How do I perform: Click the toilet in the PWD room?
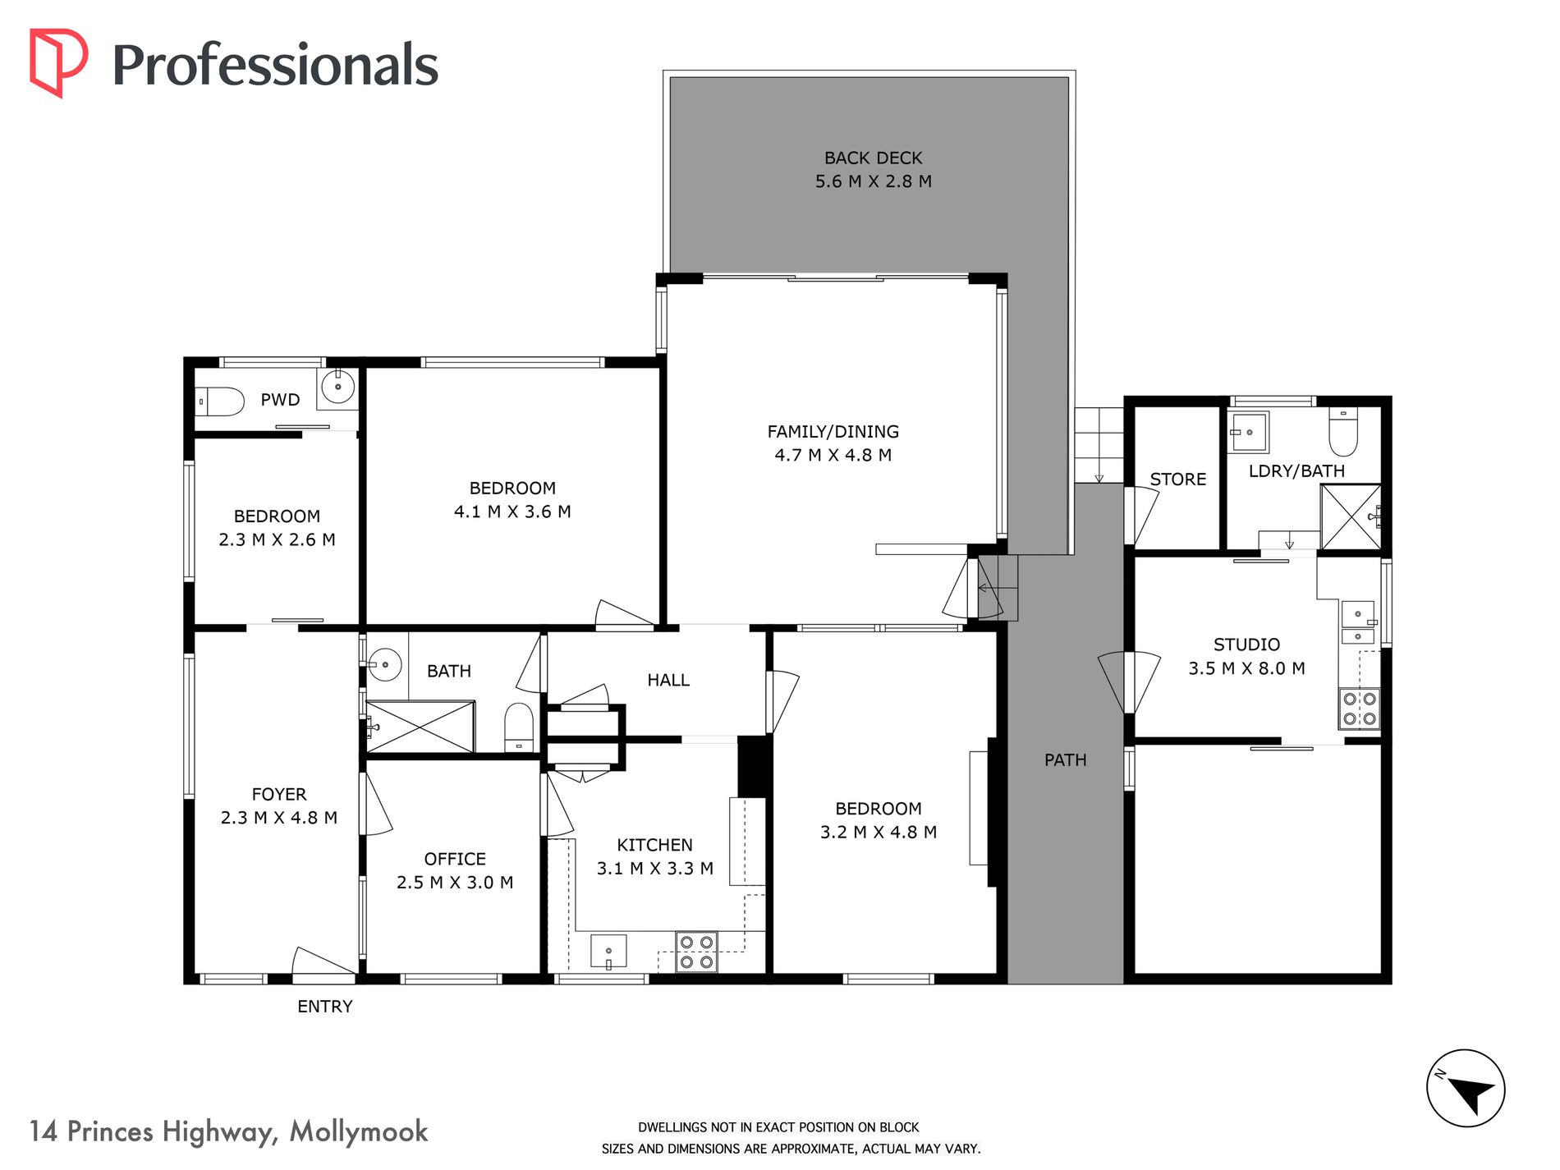pos(220,401)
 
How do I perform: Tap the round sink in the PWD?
pos(337,386)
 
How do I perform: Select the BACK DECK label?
pos(873,158)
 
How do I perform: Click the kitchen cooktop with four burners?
pos(696,952)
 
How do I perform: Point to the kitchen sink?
pos(608,951)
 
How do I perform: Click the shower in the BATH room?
pos(420,727)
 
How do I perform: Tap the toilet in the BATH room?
pos(519,727)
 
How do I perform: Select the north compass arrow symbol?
pos(1466,1089)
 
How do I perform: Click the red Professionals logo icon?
pos(58,63)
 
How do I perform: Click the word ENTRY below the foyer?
pos(325,1007)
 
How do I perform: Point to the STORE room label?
pos(1178,479)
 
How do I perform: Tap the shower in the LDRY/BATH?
pos(1351,516)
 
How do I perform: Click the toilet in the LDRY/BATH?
pos(1343,432)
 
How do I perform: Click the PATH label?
pos(1066,760)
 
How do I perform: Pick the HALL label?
pos(668,680)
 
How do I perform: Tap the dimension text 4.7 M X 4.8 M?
pos(833,455)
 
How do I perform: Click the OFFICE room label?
pos(455,859)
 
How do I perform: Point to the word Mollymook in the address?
pos(359,1132)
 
